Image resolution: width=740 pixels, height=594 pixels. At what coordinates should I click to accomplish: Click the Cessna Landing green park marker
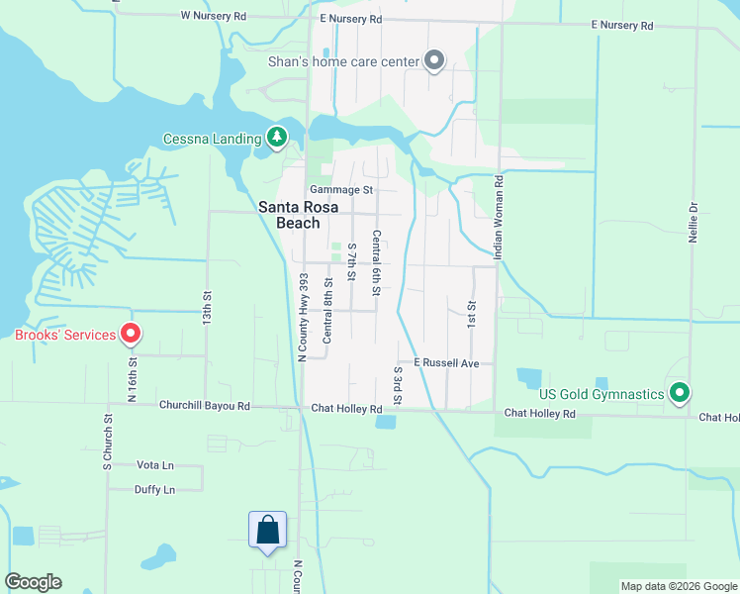(x=278, y=138)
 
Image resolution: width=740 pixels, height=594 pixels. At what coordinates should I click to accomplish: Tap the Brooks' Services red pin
(x=130, y=335)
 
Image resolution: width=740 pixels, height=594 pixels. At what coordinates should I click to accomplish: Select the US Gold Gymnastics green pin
(x=679, y=394)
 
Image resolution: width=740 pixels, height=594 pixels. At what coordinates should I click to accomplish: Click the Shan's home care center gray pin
(x=433, y=61)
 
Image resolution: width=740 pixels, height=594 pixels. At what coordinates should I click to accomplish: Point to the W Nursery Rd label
(x=213, y=17)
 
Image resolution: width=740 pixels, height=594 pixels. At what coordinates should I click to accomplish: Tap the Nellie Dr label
(x=694, y=222)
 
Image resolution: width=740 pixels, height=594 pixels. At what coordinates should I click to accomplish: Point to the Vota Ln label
(x=154, y=464)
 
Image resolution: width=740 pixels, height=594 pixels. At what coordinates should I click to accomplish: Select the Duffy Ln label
(x=154, y=489)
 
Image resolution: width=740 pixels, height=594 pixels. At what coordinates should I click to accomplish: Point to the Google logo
(x=33, y=582)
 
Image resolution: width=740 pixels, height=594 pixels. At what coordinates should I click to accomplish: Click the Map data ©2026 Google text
(x=678, y=586)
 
